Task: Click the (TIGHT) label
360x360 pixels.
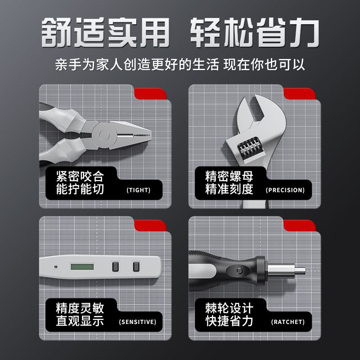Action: point(139,190)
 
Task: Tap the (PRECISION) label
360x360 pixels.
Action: point(285,190)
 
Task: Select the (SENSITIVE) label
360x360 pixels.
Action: point(138,322)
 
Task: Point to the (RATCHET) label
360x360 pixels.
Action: point(288,322)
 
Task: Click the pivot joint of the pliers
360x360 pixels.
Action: point(104,135)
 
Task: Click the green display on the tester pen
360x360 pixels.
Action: point(82,267)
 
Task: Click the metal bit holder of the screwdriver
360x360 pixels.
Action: point(286,270)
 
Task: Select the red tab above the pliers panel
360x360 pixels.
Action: point(150,94)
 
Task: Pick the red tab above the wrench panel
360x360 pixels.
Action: point(299,94)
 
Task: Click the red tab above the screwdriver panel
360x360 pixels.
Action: point(299,225)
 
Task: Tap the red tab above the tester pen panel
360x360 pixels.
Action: point(150,225)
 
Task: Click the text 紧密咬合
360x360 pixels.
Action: point(80,176)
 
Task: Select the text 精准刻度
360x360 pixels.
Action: point(229,189)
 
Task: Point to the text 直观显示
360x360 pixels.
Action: point(80,321)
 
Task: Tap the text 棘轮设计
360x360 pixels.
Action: point(229,308)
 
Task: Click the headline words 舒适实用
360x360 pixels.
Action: point(106,32)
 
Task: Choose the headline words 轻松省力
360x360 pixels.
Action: point(255,32)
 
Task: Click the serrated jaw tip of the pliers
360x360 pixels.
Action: point(142,135)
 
